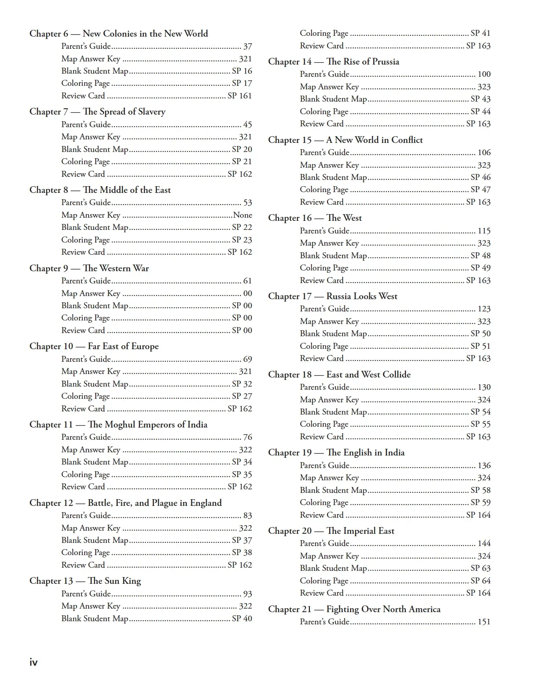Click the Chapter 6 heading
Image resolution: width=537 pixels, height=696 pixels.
click(x=119, y=34)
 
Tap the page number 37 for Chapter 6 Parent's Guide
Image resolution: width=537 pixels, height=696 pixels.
click(x=247, y=46)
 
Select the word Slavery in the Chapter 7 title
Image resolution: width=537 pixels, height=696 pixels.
click(x=152, y=112)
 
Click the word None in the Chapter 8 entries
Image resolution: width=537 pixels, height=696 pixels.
click(x=243, y=215)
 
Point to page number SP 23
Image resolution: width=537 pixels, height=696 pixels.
click(x=242, y=240)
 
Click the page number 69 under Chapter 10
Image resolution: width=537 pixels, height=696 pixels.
click(x=247, y=359)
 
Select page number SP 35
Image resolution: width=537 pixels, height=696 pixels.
click(x=242, y=474)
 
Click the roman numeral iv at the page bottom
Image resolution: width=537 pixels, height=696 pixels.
click(x=33, y=663)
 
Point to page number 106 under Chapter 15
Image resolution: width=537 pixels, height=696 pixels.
click(x=484, y=153)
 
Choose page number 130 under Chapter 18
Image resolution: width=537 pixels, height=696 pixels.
click(x=484, y=387)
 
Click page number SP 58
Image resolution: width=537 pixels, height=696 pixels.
click(x=480, y=491)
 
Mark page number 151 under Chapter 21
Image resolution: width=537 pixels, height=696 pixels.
click(x=484, y=622)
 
